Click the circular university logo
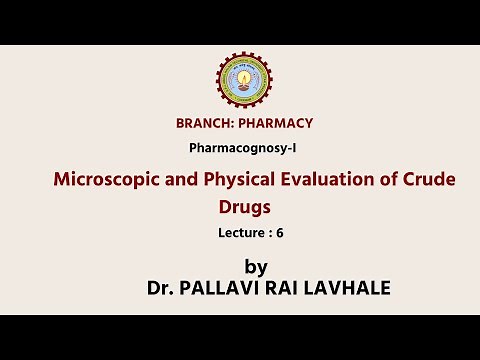coord(244,79)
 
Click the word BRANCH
coord(204,124)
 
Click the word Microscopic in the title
coord(112,181)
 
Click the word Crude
coord(431,181)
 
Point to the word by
coord(256,267)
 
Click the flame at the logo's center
coord(244,77)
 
